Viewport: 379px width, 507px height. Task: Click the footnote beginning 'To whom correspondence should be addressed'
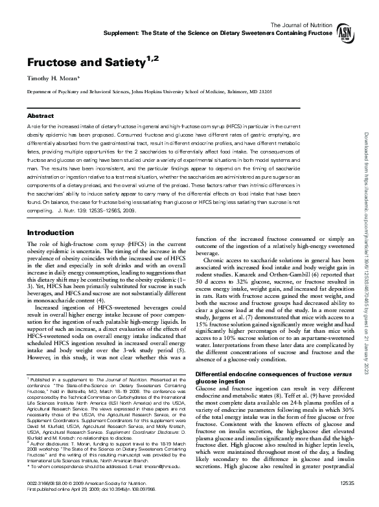97,465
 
